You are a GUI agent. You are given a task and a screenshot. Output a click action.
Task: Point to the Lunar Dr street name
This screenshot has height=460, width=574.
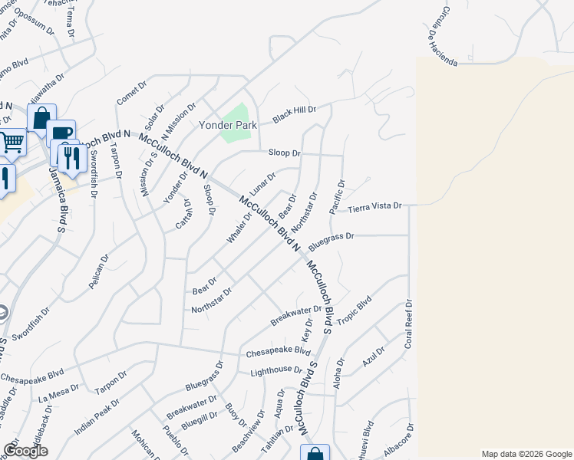point(262,182)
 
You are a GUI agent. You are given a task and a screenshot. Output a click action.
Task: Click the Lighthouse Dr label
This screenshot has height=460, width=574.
point(276,371)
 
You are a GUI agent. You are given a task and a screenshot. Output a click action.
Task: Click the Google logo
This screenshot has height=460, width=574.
point(25,451)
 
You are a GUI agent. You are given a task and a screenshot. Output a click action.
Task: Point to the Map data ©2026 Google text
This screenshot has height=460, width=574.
point(526,454)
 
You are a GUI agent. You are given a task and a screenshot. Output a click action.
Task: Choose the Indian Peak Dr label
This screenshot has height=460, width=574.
point(97,417)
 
